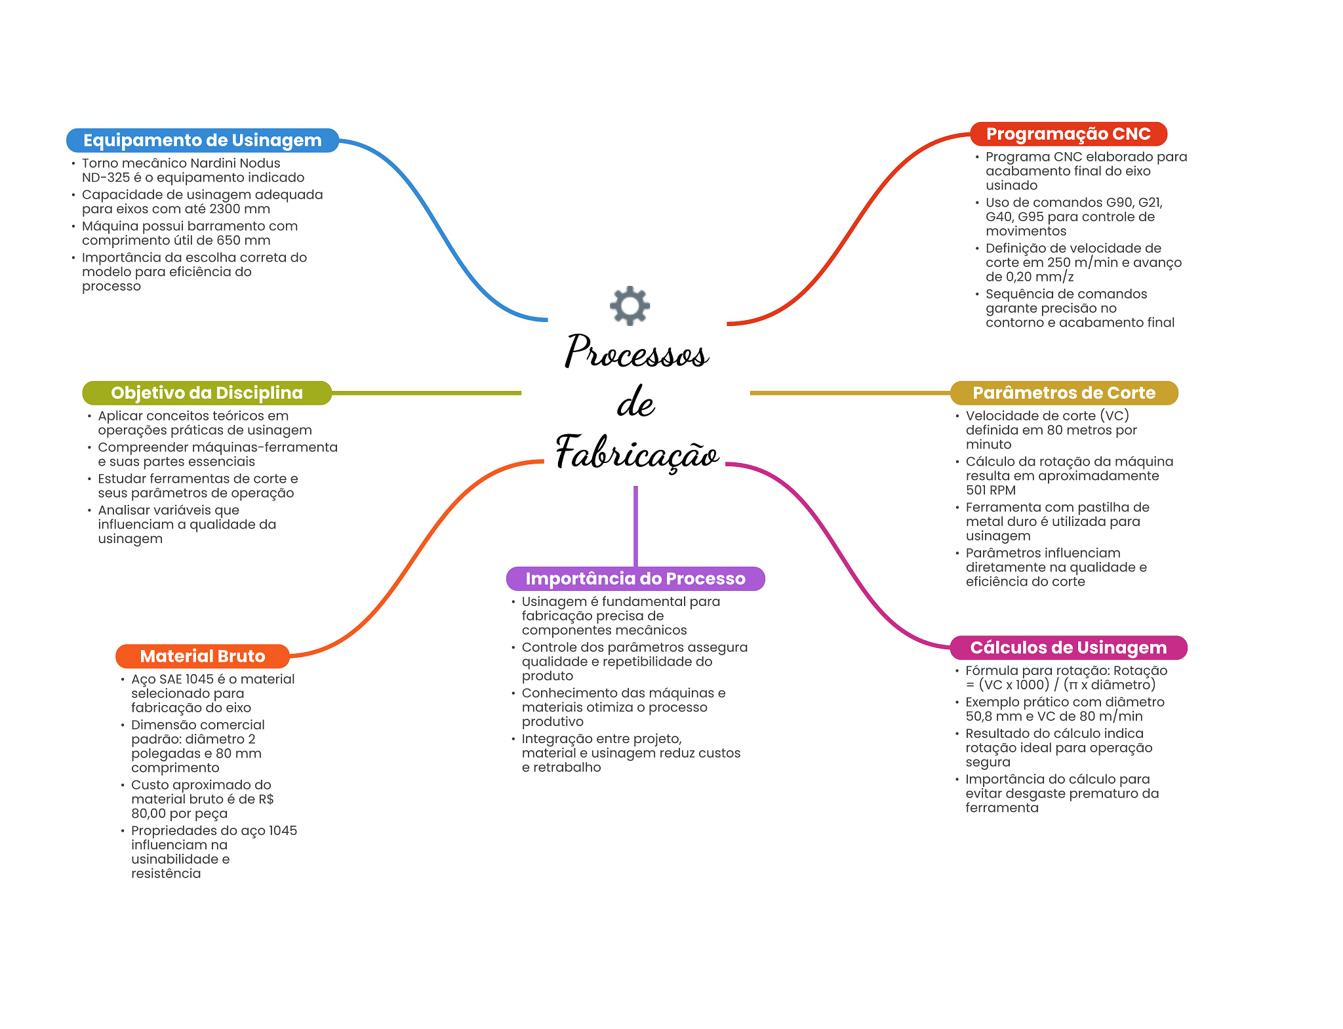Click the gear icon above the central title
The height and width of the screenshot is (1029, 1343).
coord(630,306)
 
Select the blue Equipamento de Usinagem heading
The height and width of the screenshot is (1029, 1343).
coord(203,140)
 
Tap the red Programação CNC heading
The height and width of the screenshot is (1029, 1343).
coord(1068,134)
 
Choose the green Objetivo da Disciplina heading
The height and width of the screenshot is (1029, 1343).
coord(207,393)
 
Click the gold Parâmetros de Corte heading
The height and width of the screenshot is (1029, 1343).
coord(1064,393)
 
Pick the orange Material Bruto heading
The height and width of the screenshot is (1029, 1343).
coord(203,656)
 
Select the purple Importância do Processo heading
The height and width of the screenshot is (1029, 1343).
coord(635,578)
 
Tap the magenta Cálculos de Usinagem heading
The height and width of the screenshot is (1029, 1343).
coord(1068,647)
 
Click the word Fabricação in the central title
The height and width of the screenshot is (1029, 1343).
coord(637,452)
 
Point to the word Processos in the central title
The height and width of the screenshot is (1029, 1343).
coord(637,352)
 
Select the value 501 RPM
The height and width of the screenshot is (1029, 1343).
coord(991,490)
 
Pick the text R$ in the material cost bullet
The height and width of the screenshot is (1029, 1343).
coord(266,799)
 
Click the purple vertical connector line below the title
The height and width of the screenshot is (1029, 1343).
coord(635,526)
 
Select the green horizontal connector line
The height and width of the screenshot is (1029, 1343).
coord(426,393)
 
